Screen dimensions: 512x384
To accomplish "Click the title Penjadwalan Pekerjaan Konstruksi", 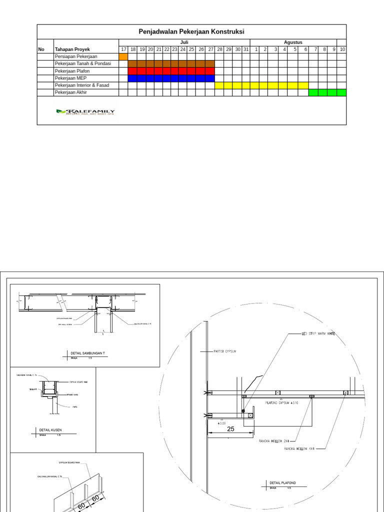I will point(191,31).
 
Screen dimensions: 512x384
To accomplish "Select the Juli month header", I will point(184,42).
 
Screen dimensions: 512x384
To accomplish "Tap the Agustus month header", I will point(293,42).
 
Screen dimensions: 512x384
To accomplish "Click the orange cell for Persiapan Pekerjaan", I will point(123,57).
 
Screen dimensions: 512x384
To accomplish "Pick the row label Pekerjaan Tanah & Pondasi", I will point(82,64).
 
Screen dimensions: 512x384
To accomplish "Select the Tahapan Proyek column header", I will point(71,49).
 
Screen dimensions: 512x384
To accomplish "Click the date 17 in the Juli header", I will point(123,49).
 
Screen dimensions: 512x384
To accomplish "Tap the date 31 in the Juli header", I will point(245,49).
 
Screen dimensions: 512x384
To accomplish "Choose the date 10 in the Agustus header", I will point(342,49).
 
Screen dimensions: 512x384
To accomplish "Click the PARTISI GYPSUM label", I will point(224,351).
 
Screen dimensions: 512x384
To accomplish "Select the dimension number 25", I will point(230,429).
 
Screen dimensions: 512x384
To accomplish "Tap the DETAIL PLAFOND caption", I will point(283,482).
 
